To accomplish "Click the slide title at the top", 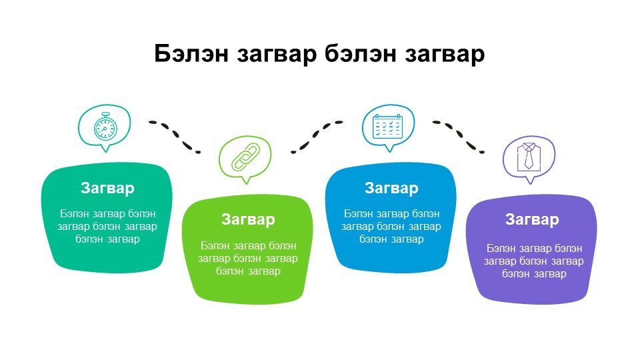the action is pos(319,54).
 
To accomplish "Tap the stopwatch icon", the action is pos(105,128).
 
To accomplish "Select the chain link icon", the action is pos(245,157).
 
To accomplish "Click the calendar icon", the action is pos(388,126).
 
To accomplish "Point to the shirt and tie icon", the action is pos(529,156).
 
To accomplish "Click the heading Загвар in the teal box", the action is pos(107,188).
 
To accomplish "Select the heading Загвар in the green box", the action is pos(248,219).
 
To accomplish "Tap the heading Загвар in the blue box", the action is pos(391,188).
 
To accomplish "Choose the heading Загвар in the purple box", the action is pos(532,219).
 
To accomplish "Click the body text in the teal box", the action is pos(107,226).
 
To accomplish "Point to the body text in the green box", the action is pos(248,259).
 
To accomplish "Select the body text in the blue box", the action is pos(391,226).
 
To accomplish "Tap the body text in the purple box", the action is pos(534,261).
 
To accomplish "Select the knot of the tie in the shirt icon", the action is pos(529,149).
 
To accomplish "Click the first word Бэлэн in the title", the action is pos(191,54).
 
